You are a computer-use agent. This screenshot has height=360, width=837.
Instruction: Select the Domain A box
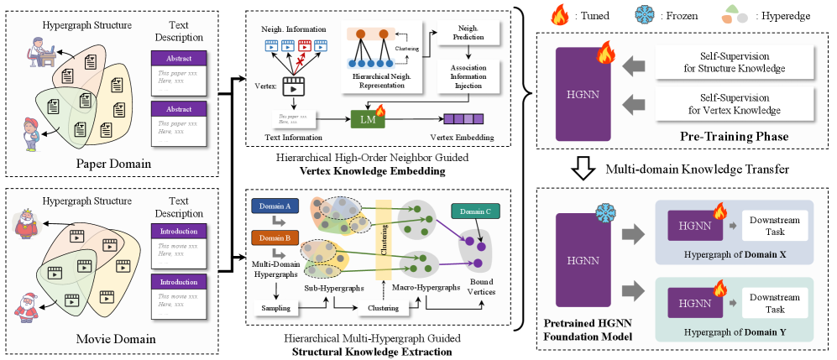pyautogui.click(x=274, y=206)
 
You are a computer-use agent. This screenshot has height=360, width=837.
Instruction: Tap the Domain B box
pyautogui.click(x=274, y=238)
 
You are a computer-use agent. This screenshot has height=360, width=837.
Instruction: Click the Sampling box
pyautogui.click(x=275, y=308)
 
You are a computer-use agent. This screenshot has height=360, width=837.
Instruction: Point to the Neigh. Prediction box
pyautogui.click(x=467, y=34)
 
